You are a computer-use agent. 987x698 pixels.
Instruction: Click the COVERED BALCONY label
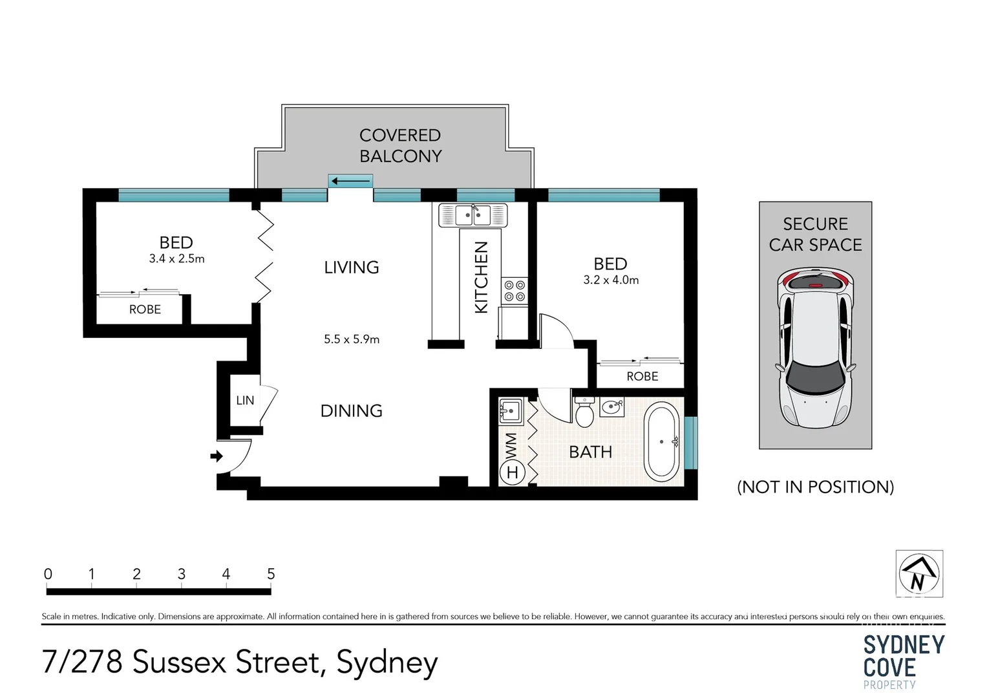pos(400,145)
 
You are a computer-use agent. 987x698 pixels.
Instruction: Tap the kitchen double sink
pos(473,215)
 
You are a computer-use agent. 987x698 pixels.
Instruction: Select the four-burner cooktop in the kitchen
pos(515,291)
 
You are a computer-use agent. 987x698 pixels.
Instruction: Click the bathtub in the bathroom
pos(662,442)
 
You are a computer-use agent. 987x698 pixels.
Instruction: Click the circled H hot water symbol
pos(512,472)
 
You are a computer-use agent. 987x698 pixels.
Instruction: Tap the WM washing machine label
pos(511,445)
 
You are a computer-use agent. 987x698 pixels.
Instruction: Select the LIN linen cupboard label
pos(245,401)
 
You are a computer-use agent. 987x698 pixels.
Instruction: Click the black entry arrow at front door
pos(217,456)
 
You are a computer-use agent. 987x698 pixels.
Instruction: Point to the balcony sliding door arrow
pos(350,181)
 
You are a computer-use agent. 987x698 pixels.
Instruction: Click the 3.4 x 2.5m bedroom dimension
pos(176,259)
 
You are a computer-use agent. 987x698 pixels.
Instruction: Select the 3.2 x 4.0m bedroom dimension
pos(611,280)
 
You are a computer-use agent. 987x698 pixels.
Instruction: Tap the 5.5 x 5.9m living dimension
pos(352,339)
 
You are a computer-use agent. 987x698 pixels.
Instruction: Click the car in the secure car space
pos(815,349)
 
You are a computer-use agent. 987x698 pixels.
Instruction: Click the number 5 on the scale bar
pos(271,574)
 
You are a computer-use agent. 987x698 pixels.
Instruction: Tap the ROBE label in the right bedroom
pos(642,377)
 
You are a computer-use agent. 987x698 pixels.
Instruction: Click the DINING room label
pos(352,411)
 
